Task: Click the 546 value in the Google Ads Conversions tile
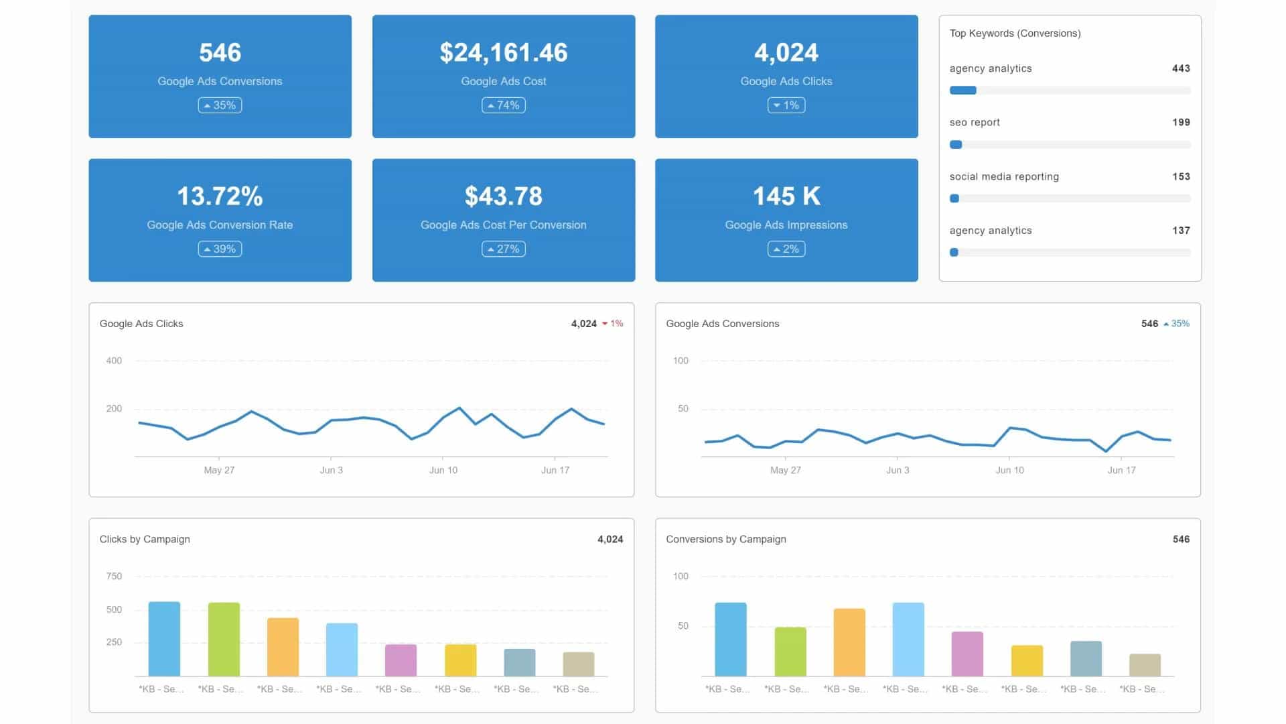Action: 220,52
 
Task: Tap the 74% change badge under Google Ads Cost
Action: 504,105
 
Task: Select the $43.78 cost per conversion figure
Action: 504,196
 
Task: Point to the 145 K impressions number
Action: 786,196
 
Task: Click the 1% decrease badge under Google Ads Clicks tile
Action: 786,105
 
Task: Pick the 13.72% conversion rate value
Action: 220,196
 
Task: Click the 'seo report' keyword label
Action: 975,122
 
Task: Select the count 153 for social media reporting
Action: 1181,176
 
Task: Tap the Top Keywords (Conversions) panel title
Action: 1015,34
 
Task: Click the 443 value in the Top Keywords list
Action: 1181,68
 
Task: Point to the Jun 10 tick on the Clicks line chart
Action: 443,470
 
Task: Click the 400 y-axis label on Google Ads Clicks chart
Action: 114,361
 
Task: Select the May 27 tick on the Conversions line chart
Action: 786,470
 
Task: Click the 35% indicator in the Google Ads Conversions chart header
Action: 1177,324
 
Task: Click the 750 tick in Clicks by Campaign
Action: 114,577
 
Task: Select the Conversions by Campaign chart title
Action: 726,539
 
